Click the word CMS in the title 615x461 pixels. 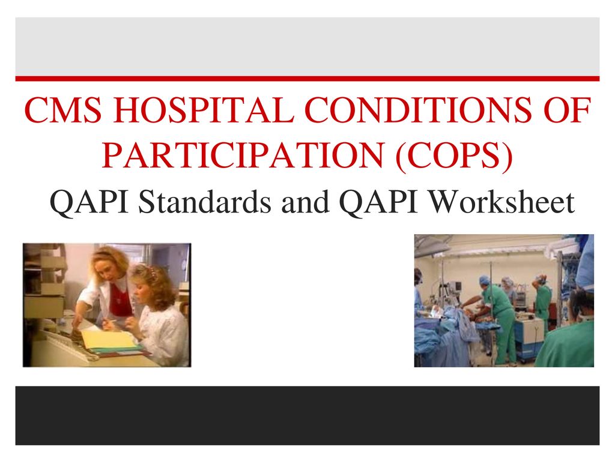click(63, 110)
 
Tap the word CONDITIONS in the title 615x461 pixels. click(419, 110)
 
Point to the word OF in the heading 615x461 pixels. click(568, 110)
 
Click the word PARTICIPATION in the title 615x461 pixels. click(243, 155)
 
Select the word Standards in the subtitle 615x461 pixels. click(205, 202)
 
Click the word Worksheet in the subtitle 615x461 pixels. click(501, 202)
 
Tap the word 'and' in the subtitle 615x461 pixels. click(305, 202)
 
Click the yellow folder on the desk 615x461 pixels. click(109, 339)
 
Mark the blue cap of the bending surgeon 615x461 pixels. click(485, 280)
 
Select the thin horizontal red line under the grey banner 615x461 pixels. click(307, 79)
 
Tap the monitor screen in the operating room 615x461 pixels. click(455, 286)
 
